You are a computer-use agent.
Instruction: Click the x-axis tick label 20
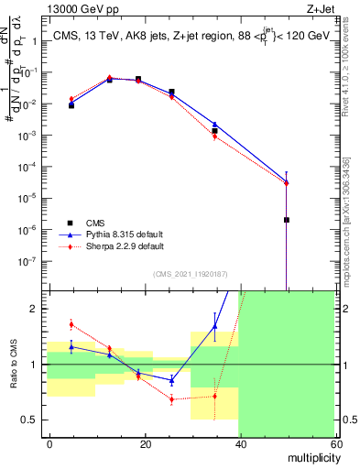point(146,444)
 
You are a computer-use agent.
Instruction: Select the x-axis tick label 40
point(240,444)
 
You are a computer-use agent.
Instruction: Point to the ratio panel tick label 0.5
point(36,420)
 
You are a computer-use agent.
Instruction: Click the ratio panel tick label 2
point(39,309)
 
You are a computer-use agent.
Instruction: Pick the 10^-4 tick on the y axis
point(33,166)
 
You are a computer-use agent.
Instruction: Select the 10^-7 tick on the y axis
point(33,260)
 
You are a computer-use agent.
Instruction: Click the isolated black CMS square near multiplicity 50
point(287,220)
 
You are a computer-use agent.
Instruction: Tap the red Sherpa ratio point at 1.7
point(71,324)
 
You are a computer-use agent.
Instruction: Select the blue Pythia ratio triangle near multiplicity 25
point(171,380)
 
